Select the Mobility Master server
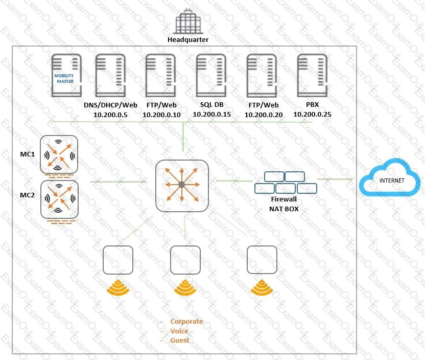[x=66, y=75]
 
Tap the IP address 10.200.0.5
[x=110, y=115]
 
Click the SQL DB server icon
[x=211, y=75]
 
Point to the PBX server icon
[x=312, y=75]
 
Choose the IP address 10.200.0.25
[x=312, y=115]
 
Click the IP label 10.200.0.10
[x=161, y=115]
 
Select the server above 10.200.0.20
[x=262, y=75]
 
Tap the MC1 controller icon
[x=59, y=154]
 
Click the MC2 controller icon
[x=59, y=199]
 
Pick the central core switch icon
[x=182, y=186]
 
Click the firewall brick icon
[x=286, y=183]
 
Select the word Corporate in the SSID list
[x=186, y=322]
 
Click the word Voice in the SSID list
[x=179, y=331]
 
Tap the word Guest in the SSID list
[x=180, y=340]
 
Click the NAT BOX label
[x=284, y=209]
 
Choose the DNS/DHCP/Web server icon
[x=110, y=75]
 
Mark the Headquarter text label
[x=188, y=39]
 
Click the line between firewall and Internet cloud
[x=335, y=179]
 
